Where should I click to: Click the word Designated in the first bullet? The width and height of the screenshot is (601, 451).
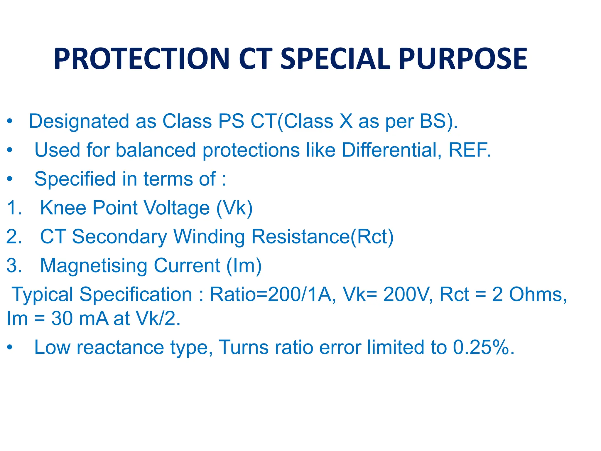coord(79,122)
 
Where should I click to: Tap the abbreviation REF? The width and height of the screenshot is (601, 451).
coord(469,150)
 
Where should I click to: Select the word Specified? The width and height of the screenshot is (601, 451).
coord(75,179)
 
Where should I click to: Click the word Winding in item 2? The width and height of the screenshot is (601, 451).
coord(209,237)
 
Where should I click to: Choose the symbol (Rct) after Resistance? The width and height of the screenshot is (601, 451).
coord(372,237)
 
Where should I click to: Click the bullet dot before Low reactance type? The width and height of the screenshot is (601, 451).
coord(10,347)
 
